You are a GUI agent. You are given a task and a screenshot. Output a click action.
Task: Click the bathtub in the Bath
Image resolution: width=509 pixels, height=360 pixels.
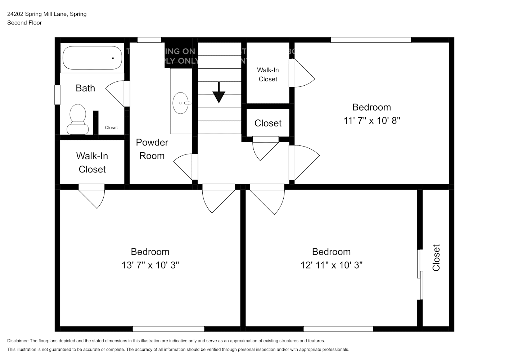(92, 58)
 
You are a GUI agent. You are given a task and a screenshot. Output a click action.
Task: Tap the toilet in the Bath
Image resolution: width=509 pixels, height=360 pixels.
(77, 119)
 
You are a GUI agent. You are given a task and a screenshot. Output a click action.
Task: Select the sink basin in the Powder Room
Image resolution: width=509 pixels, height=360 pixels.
(181, 103)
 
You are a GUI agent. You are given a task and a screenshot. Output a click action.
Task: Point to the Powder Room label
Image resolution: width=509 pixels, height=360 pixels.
(152, 149)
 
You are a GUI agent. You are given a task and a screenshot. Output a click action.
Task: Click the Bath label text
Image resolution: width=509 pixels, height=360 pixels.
(85, 88)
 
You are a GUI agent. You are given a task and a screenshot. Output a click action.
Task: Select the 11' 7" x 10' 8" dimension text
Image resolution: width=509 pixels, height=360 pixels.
(371, 121)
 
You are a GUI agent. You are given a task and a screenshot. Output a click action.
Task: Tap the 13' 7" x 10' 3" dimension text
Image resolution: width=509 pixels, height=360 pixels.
(150, 265)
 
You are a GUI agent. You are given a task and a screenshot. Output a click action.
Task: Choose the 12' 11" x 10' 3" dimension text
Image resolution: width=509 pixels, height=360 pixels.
(331, 265)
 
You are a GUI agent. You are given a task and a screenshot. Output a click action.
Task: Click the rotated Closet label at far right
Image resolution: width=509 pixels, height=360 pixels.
(436, 258)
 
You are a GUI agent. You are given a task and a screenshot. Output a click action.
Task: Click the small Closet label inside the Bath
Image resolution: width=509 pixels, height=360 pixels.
(111, 127)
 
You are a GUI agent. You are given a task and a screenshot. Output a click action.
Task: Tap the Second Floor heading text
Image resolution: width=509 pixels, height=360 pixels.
(24, 23)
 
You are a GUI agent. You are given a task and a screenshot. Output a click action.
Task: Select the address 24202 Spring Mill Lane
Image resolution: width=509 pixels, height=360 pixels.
(47, 14)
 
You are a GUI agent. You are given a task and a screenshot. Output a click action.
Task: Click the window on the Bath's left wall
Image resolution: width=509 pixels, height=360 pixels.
(57, 95)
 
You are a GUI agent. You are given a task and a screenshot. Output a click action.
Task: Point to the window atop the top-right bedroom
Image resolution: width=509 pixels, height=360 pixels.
(370, 40)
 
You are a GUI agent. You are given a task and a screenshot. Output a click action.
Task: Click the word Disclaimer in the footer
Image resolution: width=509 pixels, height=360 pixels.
(18, 341)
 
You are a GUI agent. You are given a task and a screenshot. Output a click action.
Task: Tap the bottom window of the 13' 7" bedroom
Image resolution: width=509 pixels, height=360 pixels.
(168, 329)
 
